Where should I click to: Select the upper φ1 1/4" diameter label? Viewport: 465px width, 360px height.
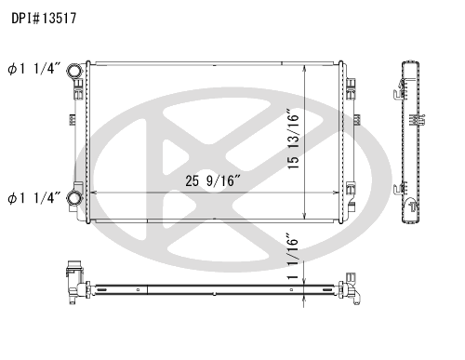(x=34, y=69)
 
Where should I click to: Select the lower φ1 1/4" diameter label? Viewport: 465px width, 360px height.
(x=34, y=197)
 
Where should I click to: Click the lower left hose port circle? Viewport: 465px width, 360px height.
(x=75, y=196)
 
